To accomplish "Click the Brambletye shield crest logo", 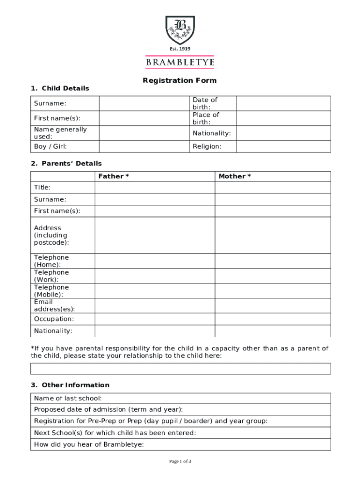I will click(180, 29).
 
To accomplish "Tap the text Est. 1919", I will click(180, 49).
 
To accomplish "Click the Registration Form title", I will click(180, 80).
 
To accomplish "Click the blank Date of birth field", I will click(283, 103).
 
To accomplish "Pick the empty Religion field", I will click(283, 146).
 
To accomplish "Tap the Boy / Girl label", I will click(50, 146).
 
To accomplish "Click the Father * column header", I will click(114, 176).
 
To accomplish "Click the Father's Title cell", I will click(155, 188).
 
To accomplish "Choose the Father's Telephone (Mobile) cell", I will click(155, 291).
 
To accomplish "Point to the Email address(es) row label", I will click(54, 305).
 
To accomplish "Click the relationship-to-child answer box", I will click(180, 369).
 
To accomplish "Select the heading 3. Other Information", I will click(70, 385).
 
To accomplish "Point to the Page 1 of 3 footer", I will click(180, 462).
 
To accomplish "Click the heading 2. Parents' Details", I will click(66, 164).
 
